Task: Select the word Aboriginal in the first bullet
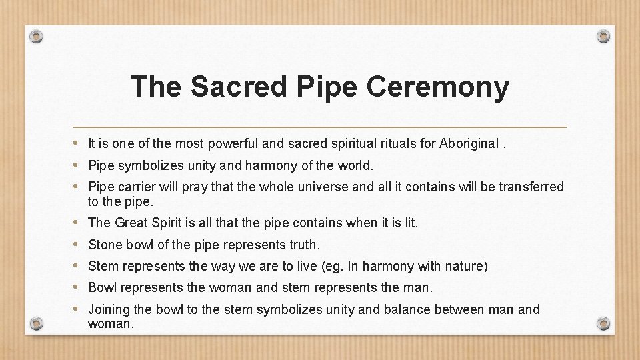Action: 469,143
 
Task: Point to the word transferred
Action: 531,187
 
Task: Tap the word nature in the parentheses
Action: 465,267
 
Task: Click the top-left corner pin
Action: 37,36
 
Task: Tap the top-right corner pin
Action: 603,36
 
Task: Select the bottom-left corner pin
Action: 37,323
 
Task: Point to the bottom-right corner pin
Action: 603,323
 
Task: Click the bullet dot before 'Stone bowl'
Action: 77,245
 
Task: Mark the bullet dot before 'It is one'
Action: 77,143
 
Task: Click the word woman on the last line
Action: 110,324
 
